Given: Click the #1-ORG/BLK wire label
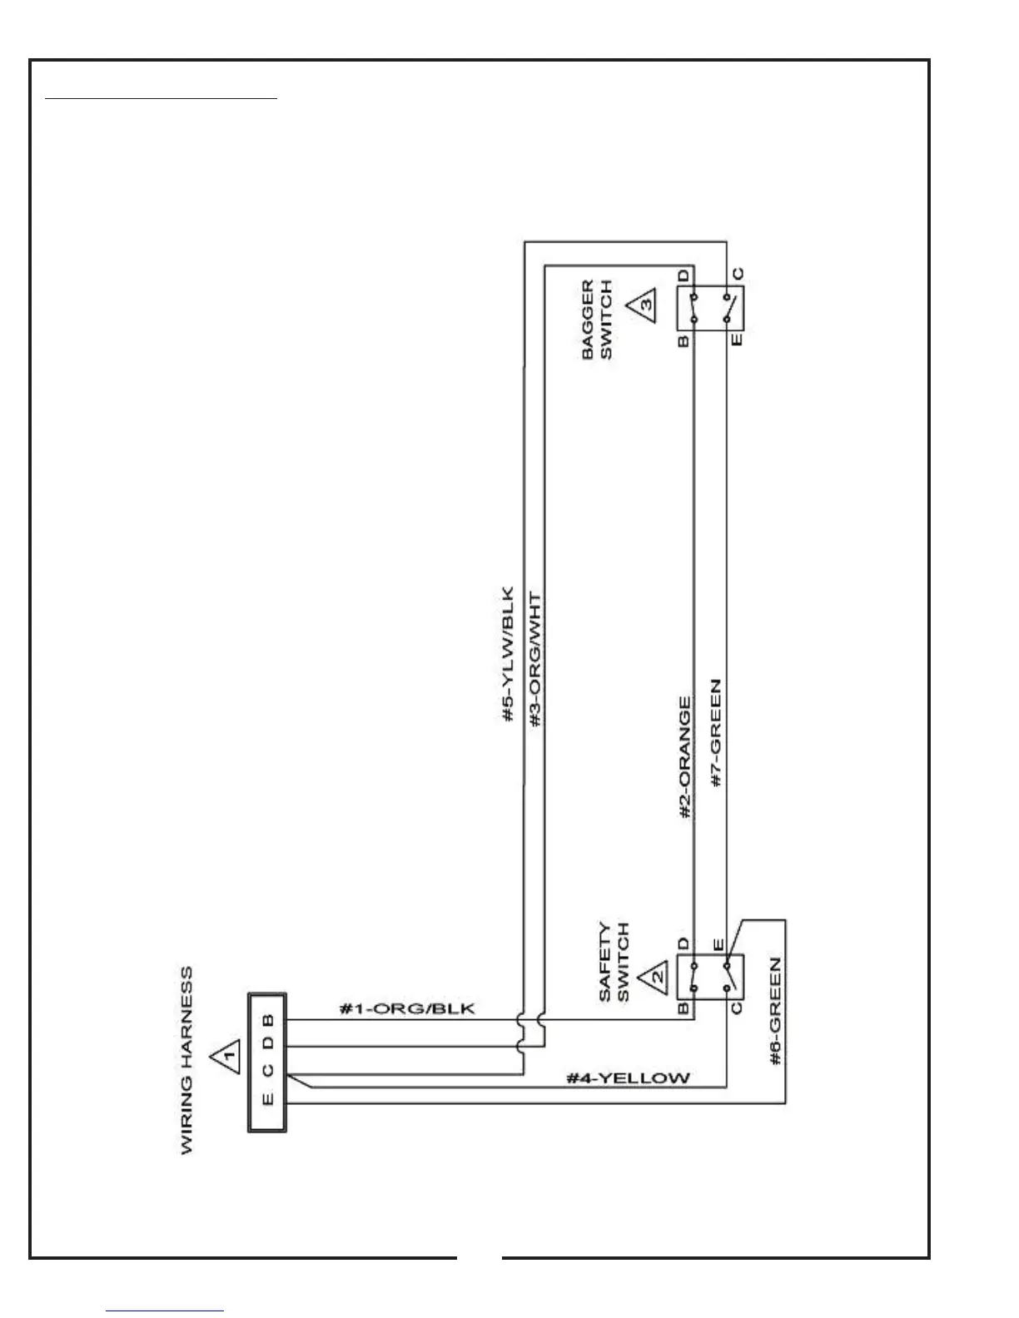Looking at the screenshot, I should (x=407, y=1008).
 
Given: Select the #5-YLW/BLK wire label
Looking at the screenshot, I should (x=509, y=655).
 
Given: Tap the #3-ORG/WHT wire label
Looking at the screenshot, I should (x=535, y=661).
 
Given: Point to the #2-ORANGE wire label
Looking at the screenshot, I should (x=685, y=757).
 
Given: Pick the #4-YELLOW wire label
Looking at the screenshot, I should (x=629, y=1078).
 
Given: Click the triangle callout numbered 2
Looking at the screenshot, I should (x=654, y=974).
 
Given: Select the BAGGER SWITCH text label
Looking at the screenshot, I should (x=597, y=320).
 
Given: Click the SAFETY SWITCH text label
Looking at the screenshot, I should (x=614, y=961).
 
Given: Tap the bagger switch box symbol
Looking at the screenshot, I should (x=709, y=308).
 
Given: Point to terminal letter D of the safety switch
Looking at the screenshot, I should (x=683, y=944).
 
